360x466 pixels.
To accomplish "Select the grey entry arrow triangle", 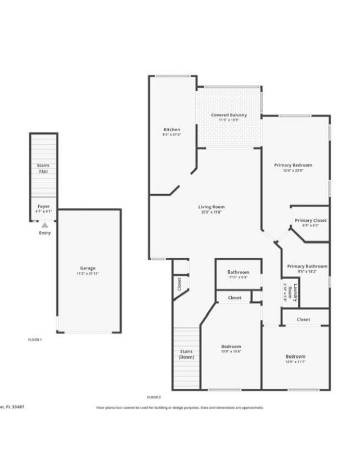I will (x=44, y=225).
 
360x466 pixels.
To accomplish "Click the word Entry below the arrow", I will (x=44, y=233).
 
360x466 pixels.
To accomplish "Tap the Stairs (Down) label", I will (x=186, y=355).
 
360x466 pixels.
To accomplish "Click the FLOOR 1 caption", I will (x=35, y=340).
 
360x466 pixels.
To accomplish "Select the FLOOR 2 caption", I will (x=154, y=397).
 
